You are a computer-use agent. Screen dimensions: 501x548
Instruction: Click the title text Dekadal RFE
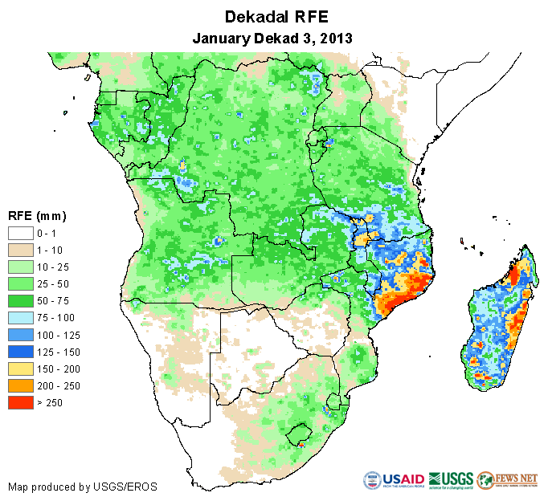pyautogui.click(x=273, y=17)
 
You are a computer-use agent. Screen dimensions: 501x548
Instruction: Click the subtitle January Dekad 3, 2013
pyautogui.click(x=273, y=38)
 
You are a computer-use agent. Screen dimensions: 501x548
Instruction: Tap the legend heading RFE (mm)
pyautogui.click(x=36, y=216)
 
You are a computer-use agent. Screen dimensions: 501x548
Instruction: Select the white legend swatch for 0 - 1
pyautogui.click(x=20, y=233)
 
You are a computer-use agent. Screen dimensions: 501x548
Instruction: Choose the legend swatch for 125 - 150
pyautogui.click(x=20, y=352)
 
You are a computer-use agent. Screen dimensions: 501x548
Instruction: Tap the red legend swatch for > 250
pyautogui.click(x=20, y=402)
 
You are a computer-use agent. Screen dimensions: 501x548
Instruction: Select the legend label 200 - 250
pyautogui.click(x=55, y=385)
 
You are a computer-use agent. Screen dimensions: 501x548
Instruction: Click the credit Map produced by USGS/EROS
pyautogui.click(x=82, y=487)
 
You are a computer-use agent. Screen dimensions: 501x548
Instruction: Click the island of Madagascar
pyautogui.click(x=498, y=321)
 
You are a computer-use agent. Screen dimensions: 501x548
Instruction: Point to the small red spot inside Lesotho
pyautogui.click(x=300, y=442)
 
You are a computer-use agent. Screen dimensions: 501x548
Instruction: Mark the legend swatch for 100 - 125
pyautogui.click(x=20, y=335)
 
